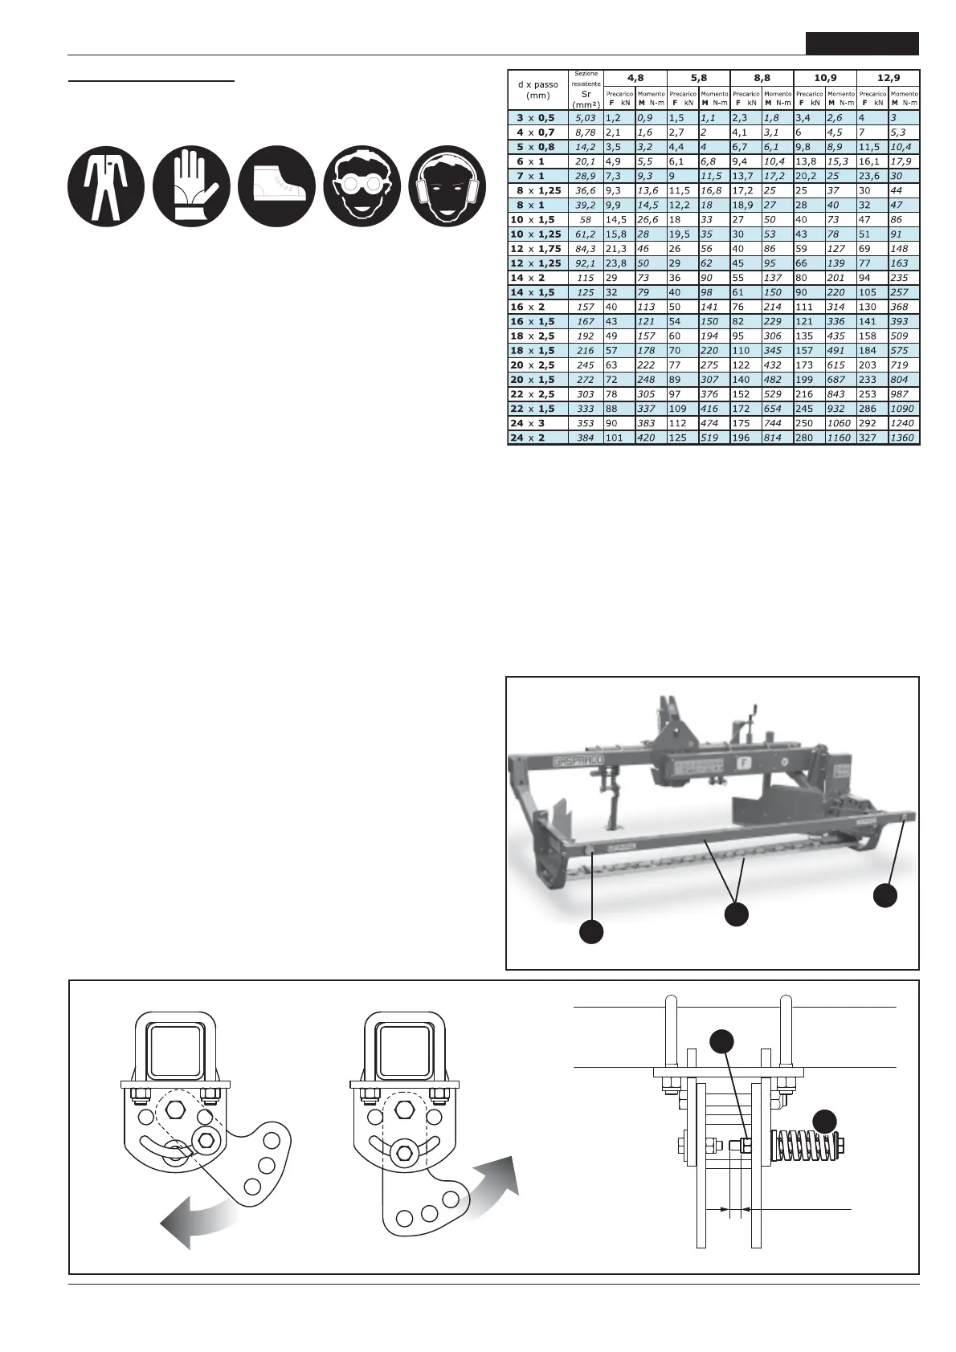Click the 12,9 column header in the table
coord(888,78)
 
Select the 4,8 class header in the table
coord(634,78)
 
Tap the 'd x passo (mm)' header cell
coord(537,89)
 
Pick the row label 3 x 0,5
coord(536,118)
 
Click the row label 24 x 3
coord(536,423)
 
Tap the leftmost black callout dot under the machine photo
coord(592,931)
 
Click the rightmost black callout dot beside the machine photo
coord(885,895)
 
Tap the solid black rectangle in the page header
coord(862,43)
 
